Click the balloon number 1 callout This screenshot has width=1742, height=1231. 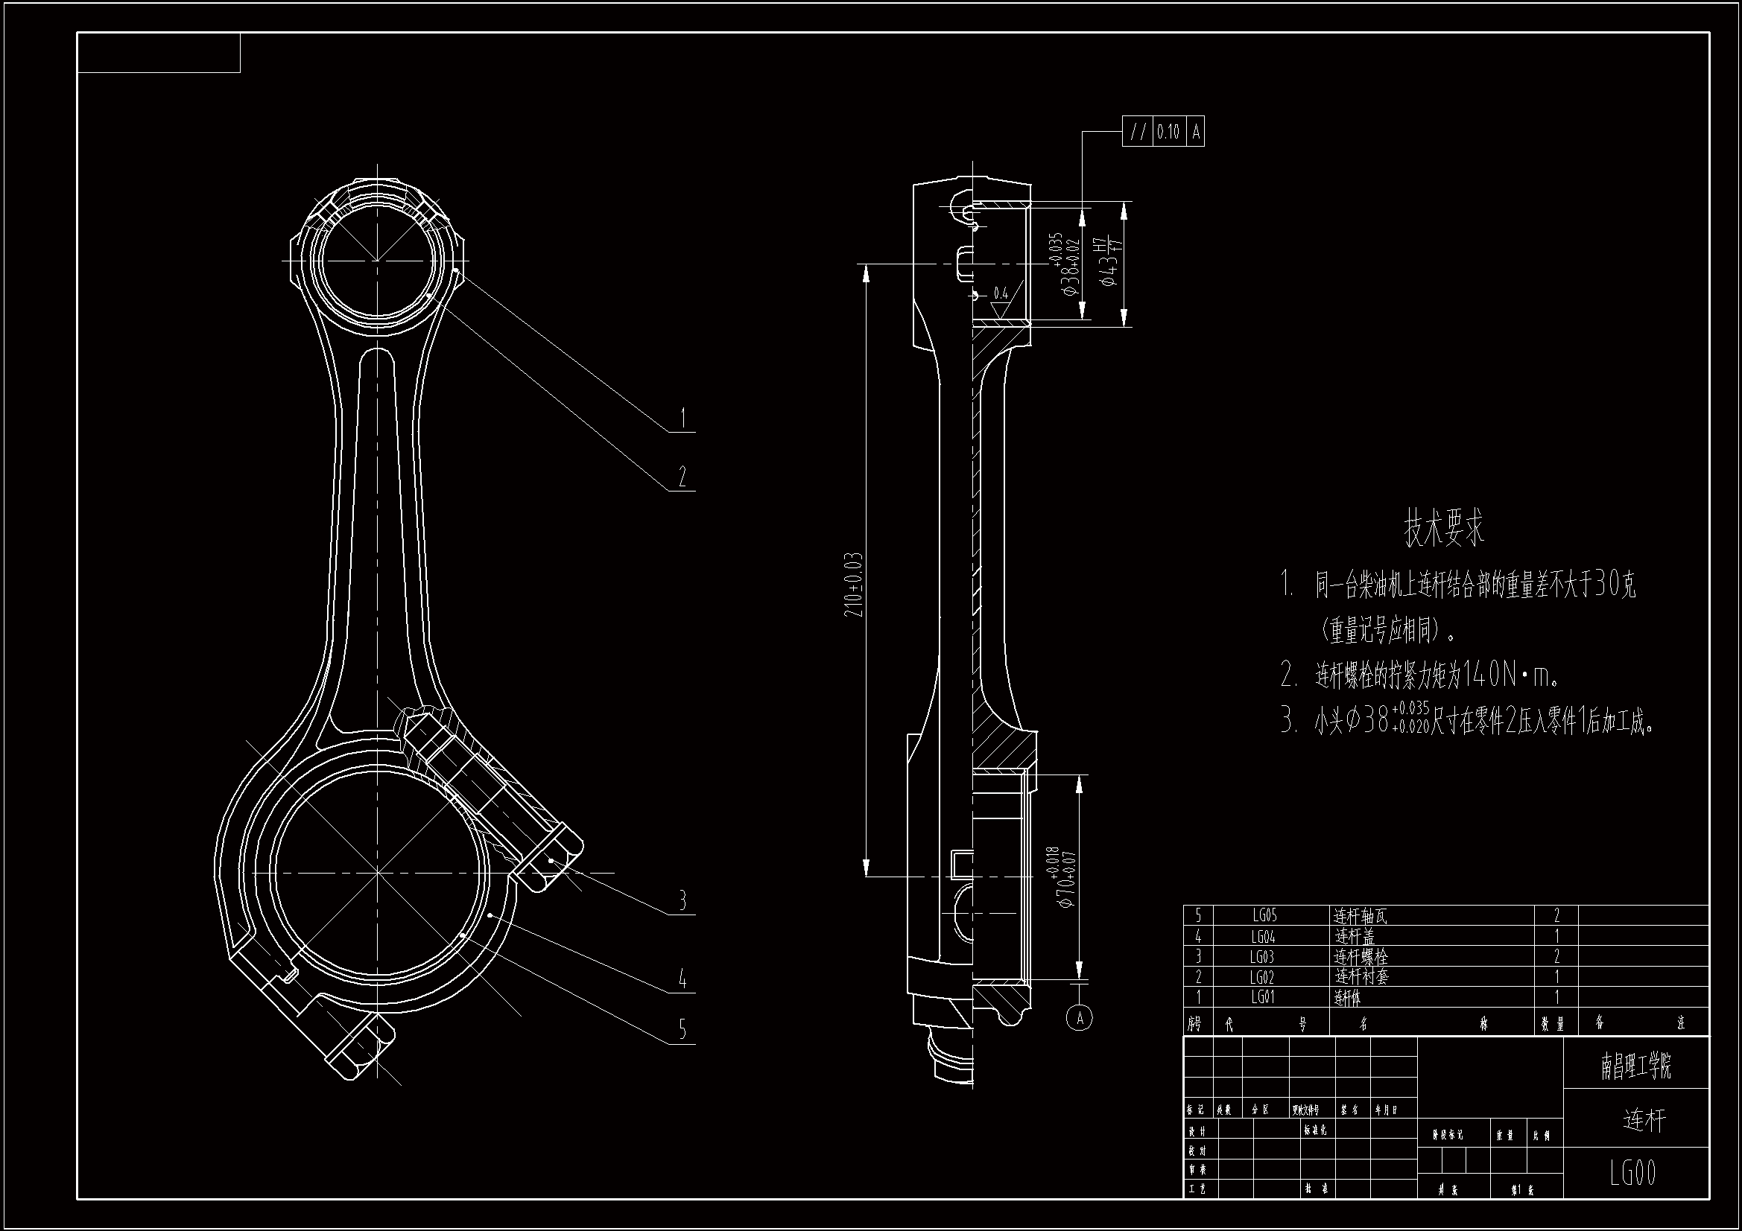tap(682, 418)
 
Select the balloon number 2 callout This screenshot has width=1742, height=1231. tap(682, 477)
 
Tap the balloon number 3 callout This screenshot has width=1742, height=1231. tap(682, 900)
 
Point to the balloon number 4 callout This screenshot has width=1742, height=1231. tap(682, 979)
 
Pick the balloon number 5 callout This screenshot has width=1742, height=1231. tap(682, 1029)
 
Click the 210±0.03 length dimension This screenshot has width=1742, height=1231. tap(854, 584)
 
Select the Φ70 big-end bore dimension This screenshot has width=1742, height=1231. tap(1064, 878)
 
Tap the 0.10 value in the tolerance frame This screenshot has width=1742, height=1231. tap(1168, 133)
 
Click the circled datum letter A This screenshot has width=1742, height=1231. tap(1080, 1017)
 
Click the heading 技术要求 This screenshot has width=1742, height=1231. tap(1444, 529)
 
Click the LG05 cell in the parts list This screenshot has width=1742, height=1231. tap(1264, 916)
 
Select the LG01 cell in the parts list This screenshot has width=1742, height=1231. tap(1263, 997)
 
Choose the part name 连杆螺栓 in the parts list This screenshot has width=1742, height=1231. tap(1361, 957)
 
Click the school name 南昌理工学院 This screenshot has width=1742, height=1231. tap(1635, 1066)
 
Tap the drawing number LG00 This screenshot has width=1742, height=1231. tap(1633, 1174)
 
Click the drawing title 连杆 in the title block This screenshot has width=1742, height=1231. tap(1644, 1119)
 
